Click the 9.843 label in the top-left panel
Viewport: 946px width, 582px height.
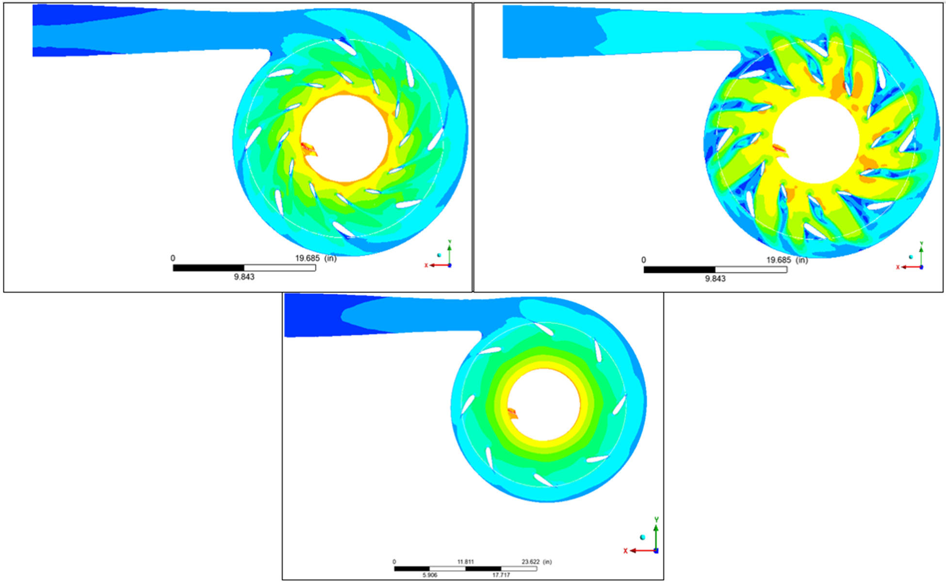[244, 277]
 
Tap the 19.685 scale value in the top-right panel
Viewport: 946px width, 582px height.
[779, 260]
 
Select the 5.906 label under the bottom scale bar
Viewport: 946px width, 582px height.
[430, 575]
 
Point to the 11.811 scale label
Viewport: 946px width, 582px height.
[465, 562]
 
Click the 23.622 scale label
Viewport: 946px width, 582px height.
[530, 562]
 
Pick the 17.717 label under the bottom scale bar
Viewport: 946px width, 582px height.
[501, 575]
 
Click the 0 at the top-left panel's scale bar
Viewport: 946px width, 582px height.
[173, 258]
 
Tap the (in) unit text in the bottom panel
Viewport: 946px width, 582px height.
[547, 562]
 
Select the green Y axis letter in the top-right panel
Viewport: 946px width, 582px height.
[921, 244]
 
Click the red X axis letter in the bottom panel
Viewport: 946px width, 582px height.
[626, 551]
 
